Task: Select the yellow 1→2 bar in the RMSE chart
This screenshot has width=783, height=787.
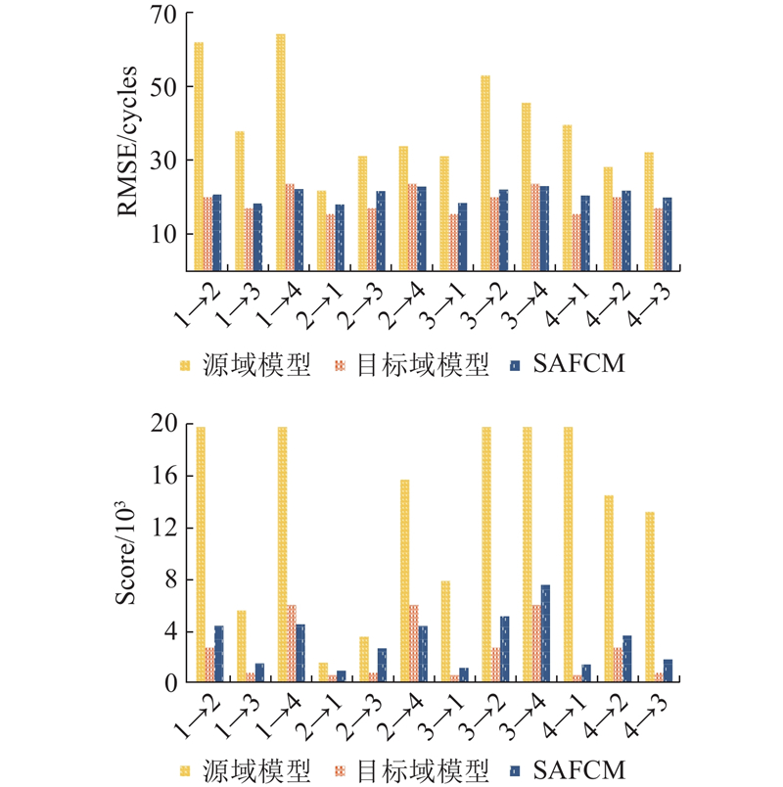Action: [199, 157]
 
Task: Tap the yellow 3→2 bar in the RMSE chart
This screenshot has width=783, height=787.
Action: [485, 172]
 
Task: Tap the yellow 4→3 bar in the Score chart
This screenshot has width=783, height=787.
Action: [649, 597]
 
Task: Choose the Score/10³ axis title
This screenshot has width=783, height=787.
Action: [127, 552]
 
